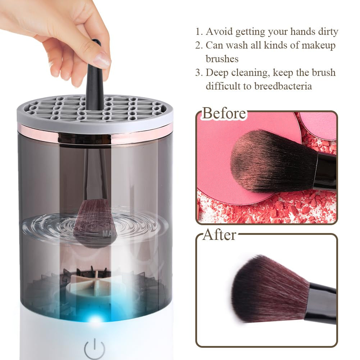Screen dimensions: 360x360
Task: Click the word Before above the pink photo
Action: tap(224, 113)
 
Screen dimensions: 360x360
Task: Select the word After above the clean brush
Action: tap(219, 235)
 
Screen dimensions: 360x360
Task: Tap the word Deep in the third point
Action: tap(217, 73)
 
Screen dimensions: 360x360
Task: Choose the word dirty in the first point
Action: tap(327, 32)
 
